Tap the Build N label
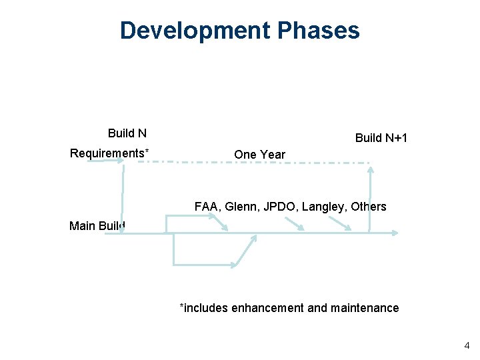point(127,133)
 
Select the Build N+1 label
point(381,138)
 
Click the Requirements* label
point(109,153)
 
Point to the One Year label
point(259,155)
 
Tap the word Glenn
point(243,207)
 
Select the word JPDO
point(281,207)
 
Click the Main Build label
point(97,226)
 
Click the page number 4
point(467,345)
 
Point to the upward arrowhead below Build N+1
point(371,169)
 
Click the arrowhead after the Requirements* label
point(120,161)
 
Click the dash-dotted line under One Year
point(260,162)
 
